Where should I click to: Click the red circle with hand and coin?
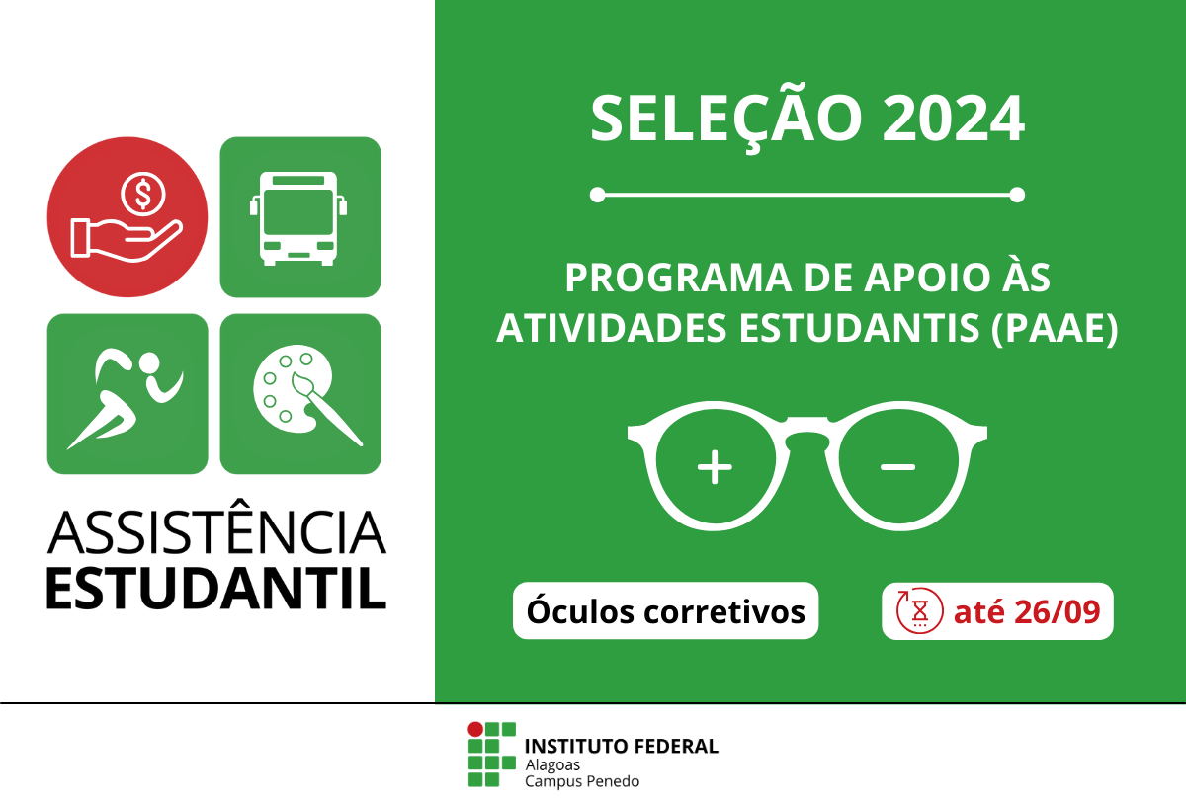tap(127, 217)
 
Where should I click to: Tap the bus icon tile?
tap(299, 217)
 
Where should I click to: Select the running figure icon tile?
tap(127, 393)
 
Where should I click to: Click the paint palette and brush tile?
tap(299, 393)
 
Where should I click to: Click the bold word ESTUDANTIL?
tap(216, 587)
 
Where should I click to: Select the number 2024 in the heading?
tap(953, 119)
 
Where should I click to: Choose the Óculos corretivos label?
tap(666, 611)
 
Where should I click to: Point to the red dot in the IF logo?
tap(475, 730)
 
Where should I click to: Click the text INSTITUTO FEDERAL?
tap(622, 746)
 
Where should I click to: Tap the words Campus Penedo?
tap(582, 781)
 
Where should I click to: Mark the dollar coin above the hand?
tap(143, 193)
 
